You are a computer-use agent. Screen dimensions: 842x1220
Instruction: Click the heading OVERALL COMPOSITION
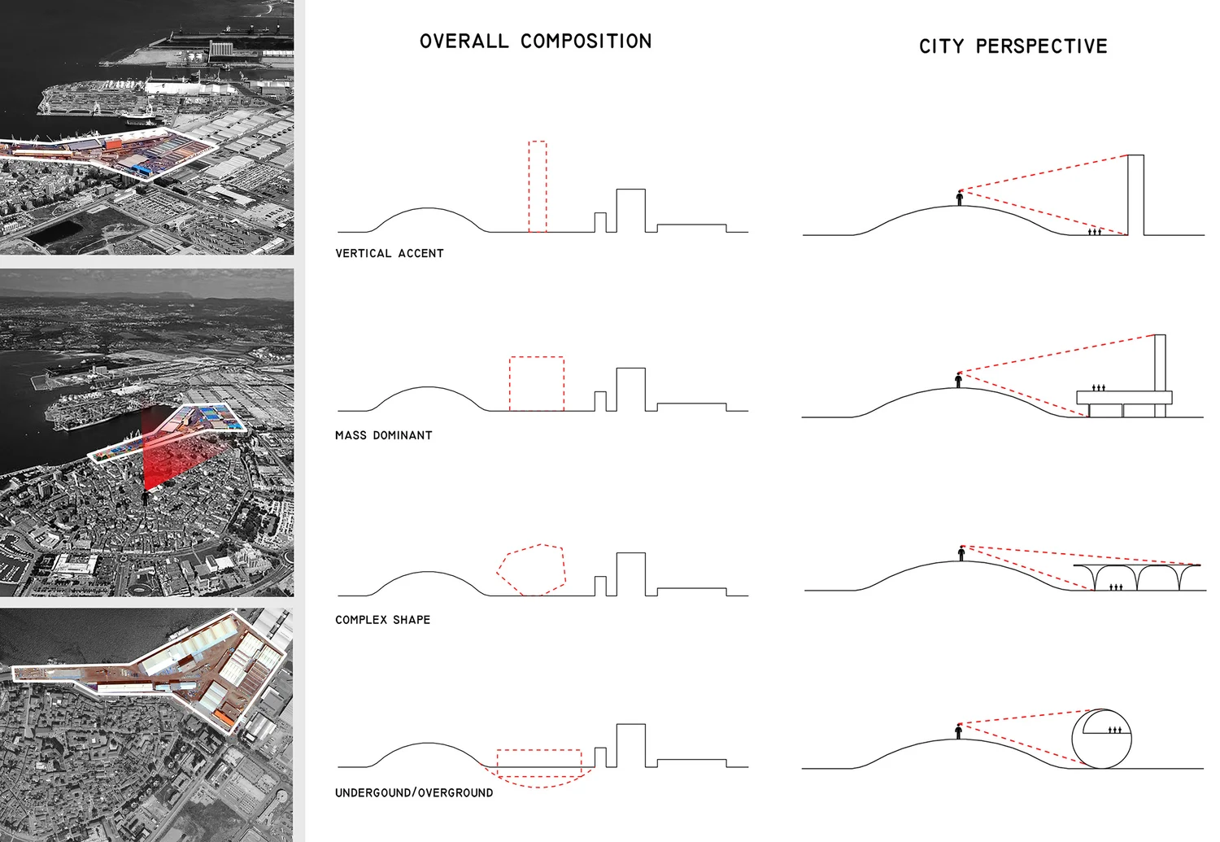point(535,41)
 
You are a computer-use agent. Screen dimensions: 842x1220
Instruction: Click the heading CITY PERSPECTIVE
point(1013,46)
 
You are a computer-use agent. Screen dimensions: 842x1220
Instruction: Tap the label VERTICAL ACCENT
point(390,254)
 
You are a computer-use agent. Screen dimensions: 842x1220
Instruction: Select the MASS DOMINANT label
point(383,435)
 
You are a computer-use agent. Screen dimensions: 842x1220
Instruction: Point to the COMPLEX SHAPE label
point(382,620)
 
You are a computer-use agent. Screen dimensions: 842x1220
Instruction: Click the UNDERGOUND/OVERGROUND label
point(414,793)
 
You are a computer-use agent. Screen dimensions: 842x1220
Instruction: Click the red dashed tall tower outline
point(538,186)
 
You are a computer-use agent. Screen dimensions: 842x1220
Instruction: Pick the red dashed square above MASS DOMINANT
point(537,383)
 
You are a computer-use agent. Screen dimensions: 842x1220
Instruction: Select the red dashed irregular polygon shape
point(532,569)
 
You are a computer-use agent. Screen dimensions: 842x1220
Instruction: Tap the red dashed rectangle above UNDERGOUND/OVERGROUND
point(539,758)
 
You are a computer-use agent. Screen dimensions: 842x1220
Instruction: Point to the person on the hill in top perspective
point(960,198)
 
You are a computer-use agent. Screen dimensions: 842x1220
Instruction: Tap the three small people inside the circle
point(1115,730)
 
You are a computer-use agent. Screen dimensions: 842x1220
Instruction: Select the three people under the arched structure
point(1116,586)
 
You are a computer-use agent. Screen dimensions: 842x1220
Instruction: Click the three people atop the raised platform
point(1099,387)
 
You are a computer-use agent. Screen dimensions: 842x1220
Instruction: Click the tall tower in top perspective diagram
point(1135,194)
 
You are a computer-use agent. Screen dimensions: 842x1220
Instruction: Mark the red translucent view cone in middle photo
point(163,447)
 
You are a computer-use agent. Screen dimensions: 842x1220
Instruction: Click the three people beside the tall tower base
point(1095,232)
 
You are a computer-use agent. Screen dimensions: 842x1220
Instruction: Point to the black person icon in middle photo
point(146,496)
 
